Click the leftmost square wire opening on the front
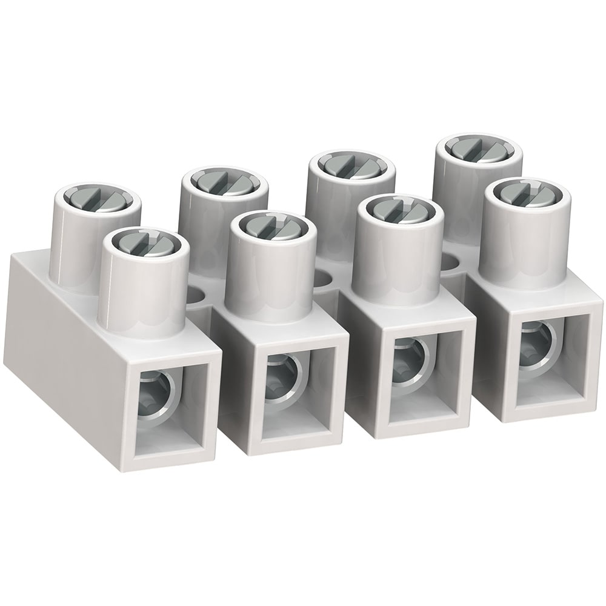(x=169, y=405)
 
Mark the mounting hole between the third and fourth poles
(x=449, y=262)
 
